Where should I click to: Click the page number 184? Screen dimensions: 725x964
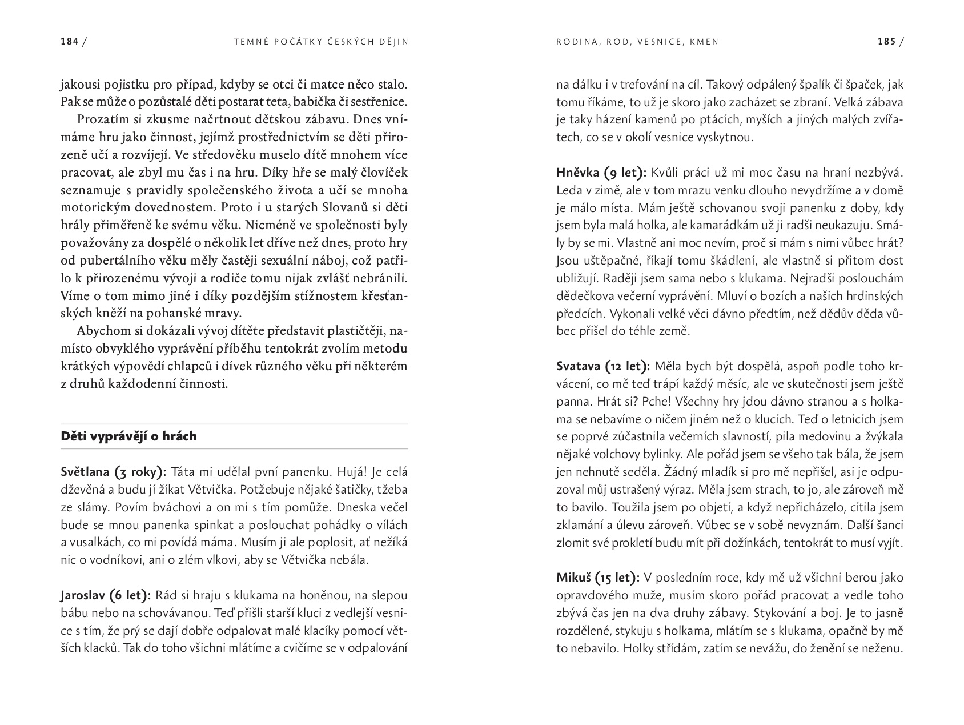pos(70,42)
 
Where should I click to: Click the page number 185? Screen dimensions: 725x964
pos(886,42)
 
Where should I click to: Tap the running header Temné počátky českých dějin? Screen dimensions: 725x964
pos(322,42)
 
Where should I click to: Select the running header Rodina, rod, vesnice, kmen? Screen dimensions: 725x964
pos(637,42)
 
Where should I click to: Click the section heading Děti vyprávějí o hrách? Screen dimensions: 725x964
pos(128,436)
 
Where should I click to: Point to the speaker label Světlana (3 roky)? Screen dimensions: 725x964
pos(113,472)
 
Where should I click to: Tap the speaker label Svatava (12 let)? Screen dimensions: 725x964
pos(602,366)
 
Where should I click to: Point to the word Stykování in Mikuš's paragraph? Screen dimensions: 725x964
pos(781,613)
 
